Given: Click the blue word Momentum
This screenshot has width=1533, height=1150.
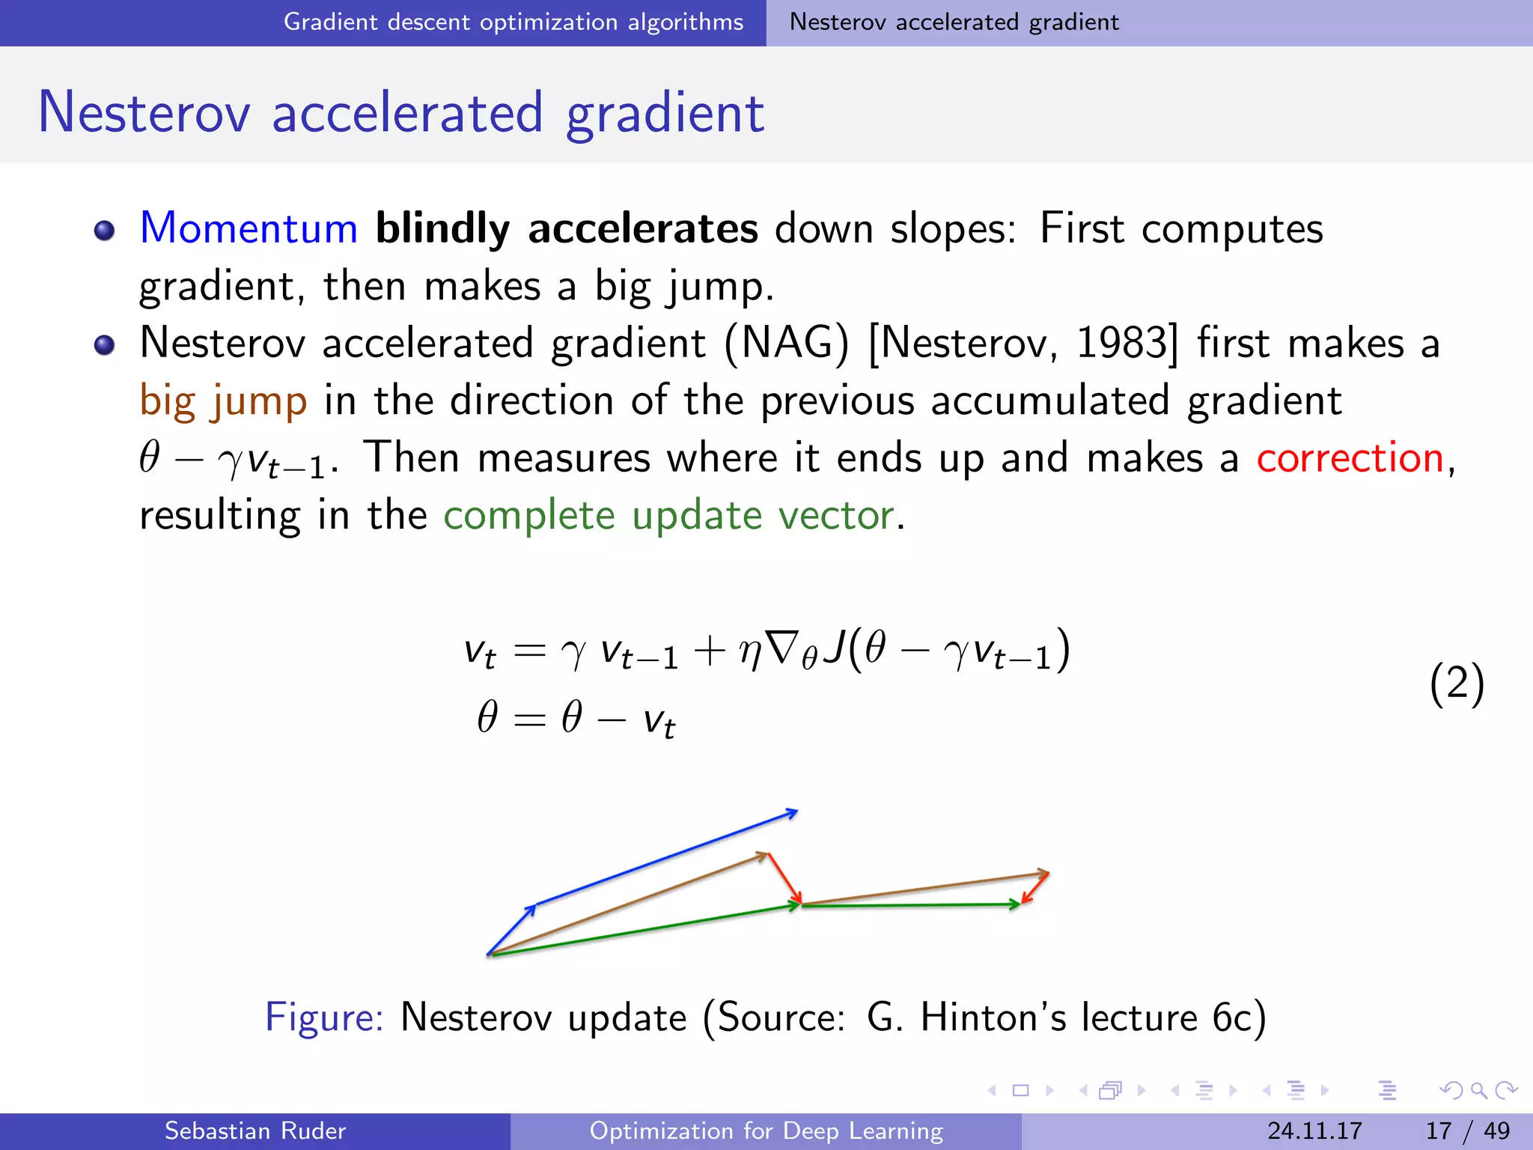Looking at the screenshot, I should [x=249, y=228].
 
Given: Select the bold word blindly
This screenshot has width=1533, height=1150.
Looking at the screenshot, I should [x=442, y=228].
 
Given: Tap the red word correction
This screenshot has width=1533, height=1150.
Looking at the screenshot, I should [x=1350, y=457].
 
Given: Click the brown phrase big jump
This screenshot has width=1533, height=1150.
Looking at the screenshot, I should [x=223, y=401].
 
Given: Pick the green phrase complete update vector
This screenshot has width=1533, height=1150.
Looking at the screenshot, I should [x=668, y=515].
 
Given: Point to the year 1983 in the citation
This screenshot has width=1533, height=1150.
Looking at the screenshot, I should [x=1121, y=343].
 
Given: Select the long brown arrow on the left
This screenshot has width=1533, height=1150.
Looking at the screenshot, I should [x=629, y=904].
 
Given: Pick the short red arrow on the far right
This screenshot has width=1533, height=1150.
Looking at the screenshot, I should [x=1035, y=887].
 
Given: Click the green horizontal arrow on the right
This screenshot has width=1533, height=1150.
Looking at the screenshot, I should [x=909, y=905].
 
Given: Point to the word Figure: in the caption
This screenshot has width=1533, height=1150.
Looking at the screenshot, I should [x=324, y=1017].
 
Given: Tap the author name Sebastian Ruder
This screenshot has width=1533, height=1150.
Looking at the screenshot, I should [x=255, y=1131].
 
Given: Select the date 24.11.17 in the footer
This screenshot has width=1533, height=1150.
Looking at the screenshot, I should [x=1314, y=1131].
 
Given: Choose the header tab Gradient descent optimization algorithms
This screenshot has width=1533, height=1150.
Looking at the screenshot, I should [x=513, y=22].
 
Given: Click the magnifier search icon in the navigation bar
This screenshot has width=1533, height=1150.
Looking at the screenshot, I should [x=1478, y=1090].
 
